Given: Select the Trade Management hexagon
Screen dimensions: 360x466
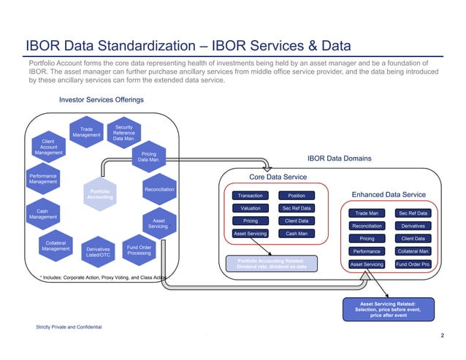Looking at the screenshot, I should (86, 131).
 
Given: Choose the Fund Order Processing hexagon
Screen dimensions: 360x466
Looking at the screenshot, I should (139, 250).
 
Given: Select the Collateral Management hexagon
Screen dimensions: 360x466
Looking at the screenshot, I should (56, 245).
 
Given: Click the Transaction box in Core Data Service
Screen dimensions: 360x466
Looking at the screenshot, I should (251, 196).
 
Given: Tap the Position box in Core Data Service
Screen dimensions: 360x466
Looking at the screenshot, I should (297, 196).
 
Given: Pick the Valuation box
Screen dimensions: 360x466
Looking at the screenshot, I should (251, 208).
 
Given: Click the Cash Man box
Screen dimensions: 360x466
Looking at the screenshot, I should (297, 234).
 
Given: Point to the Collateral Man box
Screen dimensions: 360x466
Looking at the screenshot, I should (413, 251).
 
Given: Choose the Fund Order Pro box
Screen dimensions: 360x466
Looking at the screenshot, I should (413, 264).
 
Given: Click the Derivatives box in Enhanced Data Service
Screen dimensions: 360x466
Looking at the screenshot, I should (413, 226).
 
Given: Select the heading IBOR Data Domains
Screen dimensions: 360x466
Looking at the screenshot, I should (339, 158).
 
